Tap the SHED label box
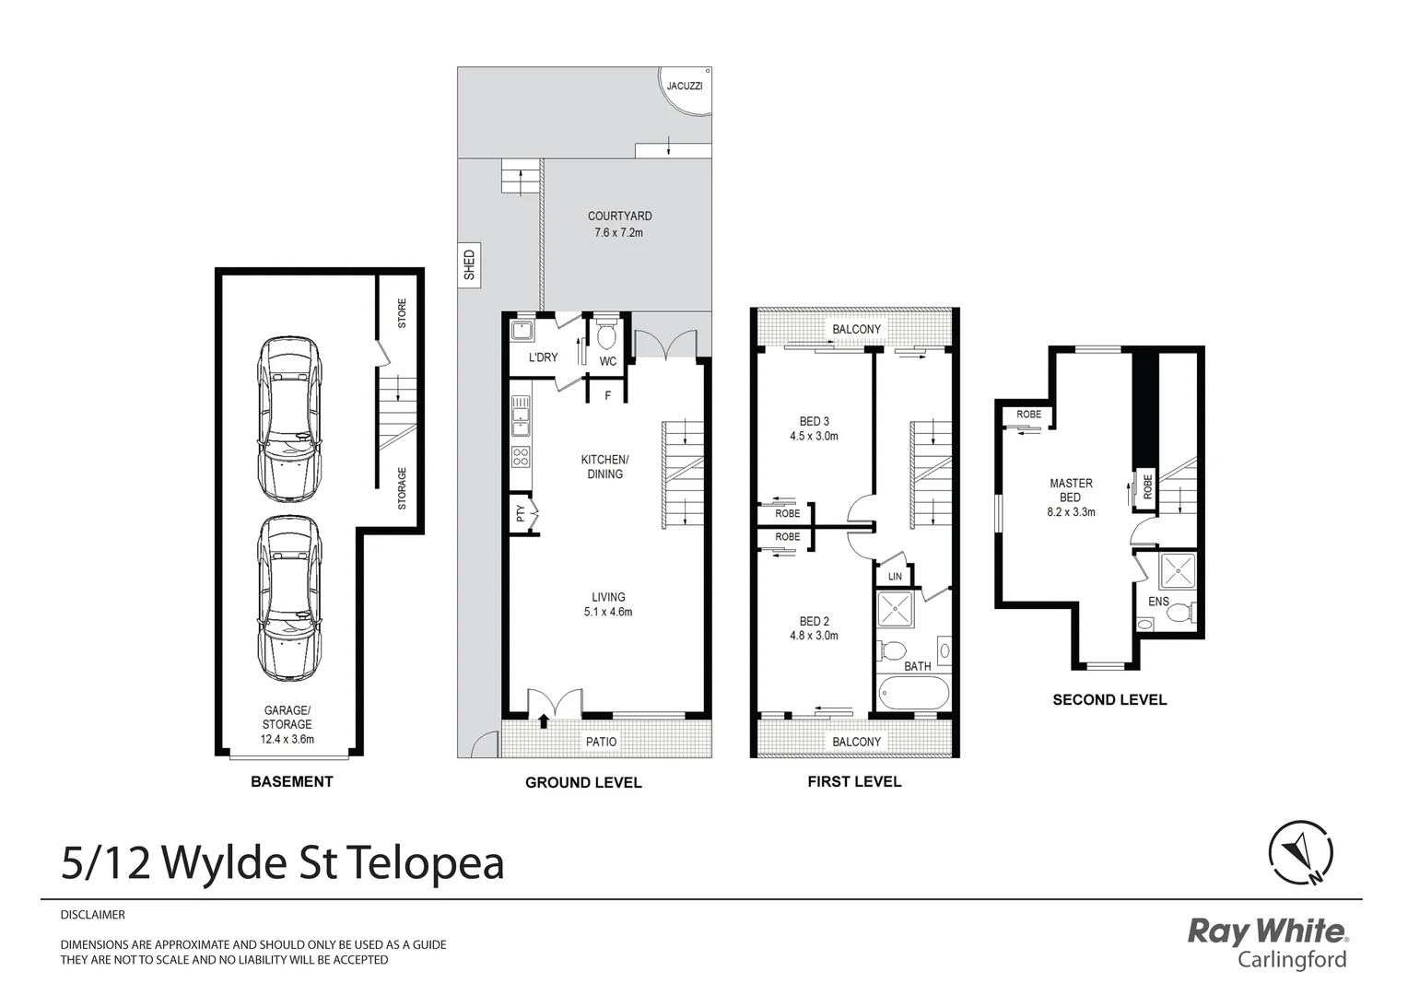[x=469, y=265]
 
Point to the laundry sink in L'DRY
[x=523, y=331]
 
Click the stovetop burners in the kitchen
[x=521, y=458]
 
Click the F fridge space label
[x=607, y=396]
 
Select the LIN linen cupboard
[x=894, y=577]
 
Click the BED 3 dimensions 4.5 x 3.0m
[x=814, y=437]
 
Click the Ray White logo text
[x=1266, y=931]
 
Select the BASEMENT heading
[x=291, y=781]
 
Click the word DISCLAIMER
[x=92, y=915]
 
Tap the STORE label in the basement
[x=402, y=313]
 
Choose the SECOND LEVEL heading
[x=1109, y=700]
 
